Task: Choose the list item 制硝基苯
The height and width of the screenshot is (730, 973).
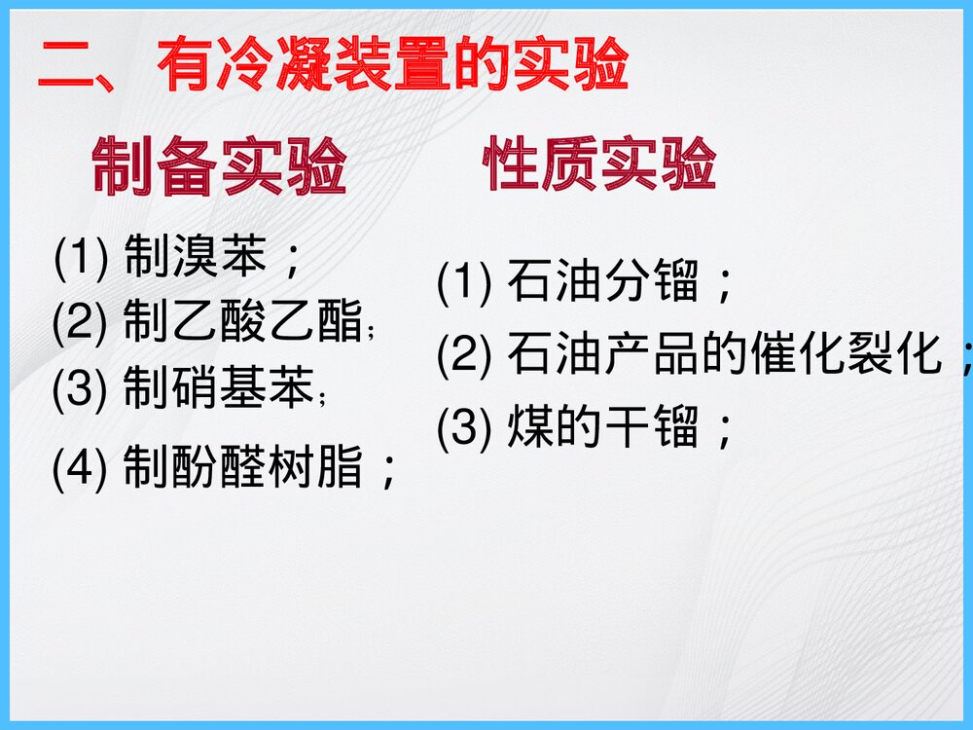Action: (x=219, y=388)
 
